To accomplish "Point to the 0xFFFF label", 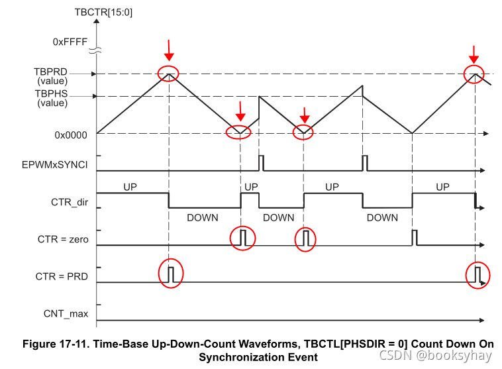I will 70,41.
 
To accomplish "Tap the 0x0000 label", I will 70,134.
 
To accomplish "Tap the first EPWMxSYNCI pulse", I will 261,162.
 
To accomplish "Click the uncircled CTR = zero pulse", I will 415,237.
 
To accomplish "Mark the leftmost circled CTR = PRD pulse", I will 170,273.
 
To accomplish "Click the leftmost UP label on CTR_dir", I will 131,187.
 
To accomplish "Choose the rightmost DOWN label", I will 382,217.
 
